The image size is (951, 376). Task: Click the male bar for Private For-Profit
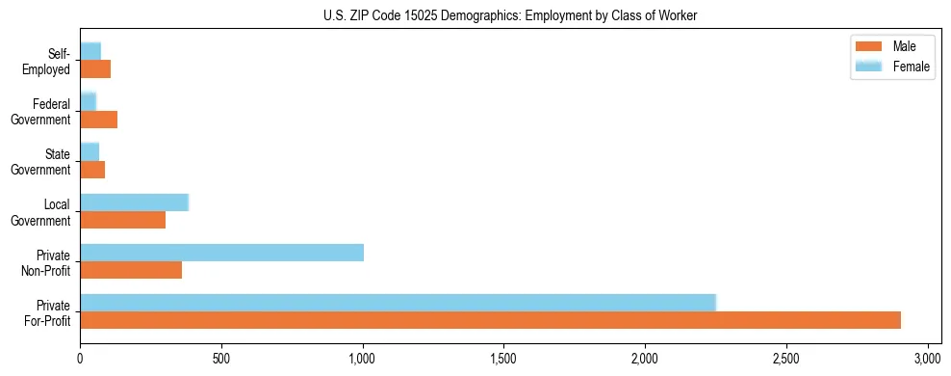pos(490,320)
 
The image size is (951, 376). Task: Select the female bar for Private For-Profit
pos(398,302)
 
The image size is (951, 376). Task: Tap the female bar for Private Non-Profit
pos(221,253)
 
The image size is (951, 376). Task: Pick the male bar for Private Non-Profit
pos(131,270)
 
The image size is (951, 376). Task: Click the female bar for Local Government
pos(134,202)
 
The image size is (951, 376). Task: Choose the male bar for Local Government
pos(122,220)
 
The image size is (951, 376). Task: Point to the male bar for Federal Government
pos(98,120)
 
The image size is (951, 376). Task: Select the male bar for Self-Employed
pos(95,69)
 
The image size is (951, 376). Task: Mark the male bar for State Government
pos(92,170)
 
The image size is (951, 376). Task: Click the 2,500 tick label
pos(786,357)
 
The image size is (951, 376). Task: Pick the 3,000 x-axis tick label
pos(927,357)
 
